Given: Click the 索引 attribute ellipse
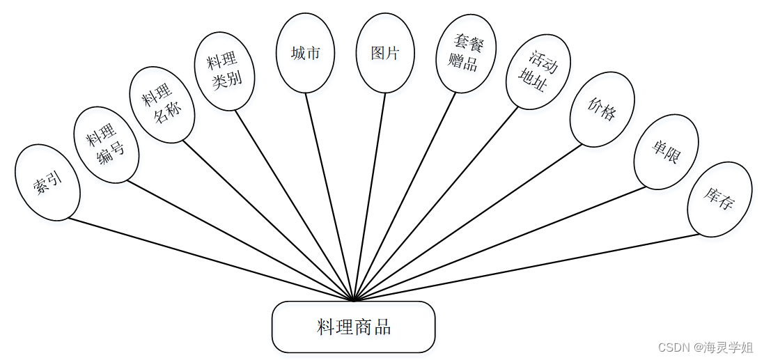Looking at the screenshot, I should tap(47, 182).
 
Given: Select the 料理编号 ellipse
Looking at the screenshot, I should tap(106, 145).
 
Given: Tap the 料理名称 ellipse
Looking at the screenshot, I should tap(162, 105).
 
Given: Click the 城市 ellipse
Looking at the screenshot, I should tap(305, 54).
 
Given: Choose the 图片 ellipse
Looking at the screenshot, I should tap(385, 54).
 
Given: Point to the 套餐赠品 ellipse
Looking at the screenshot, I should tap(465, 54).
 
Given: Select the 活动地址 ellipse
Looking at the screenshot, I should tap(538, 72).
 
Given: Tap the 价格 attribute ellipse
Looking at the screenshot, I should tap(602, 109).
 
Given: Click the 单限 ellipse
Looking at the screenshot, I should tap(666, 152).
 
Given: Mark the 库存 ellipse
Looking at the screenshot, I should tap(719, 199).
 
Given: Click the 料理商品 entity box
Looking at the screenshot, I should tap(353, 327).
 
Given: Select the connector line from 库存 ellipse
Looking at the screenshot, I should tap(529, 267).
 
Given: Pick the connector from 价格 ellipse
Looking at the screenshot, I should tap(467, 222).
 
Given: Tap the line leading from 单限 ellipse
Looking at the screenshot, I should tap(501, 243).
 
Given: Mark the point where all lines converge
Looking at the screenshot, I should tap(354, 301).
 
